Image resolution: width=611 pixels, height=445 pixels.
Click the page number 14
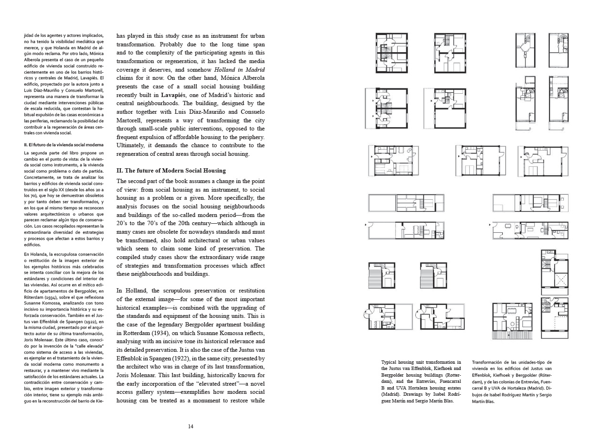coord(190,426)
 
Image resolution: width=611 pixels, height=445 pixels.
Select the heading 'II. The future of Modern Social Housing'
coord(171,171)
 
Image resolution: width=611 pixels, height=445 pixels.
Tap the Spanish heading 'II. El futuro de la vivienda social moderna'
coord(64,144)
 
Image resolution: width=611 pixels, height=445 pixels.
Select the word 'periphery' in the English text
coord(249,137)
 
